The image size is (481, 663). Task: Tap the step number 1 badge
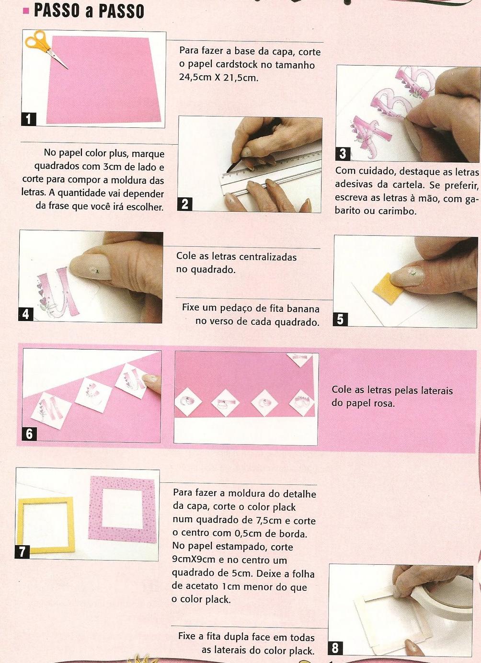click(x=29, y=119)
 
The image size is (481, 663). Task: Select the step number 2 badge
click(x=185, y=205)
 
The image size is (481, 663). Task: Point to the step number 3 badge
click(x=343, y=154)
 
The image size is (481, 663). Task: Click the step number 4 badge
click(x=26, y=314)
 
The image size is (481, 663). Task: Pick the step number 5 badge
click(x=341, y=320)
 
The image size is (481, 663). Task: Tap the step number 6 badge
click(x=29, y=434)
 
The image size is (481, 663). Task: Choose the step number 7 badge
click(x=22, y=552)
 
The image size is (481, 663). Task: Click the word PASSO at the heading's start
click(x=56, y=11)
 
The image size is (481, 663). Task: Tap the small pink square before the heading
click(x=26, y=11)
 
